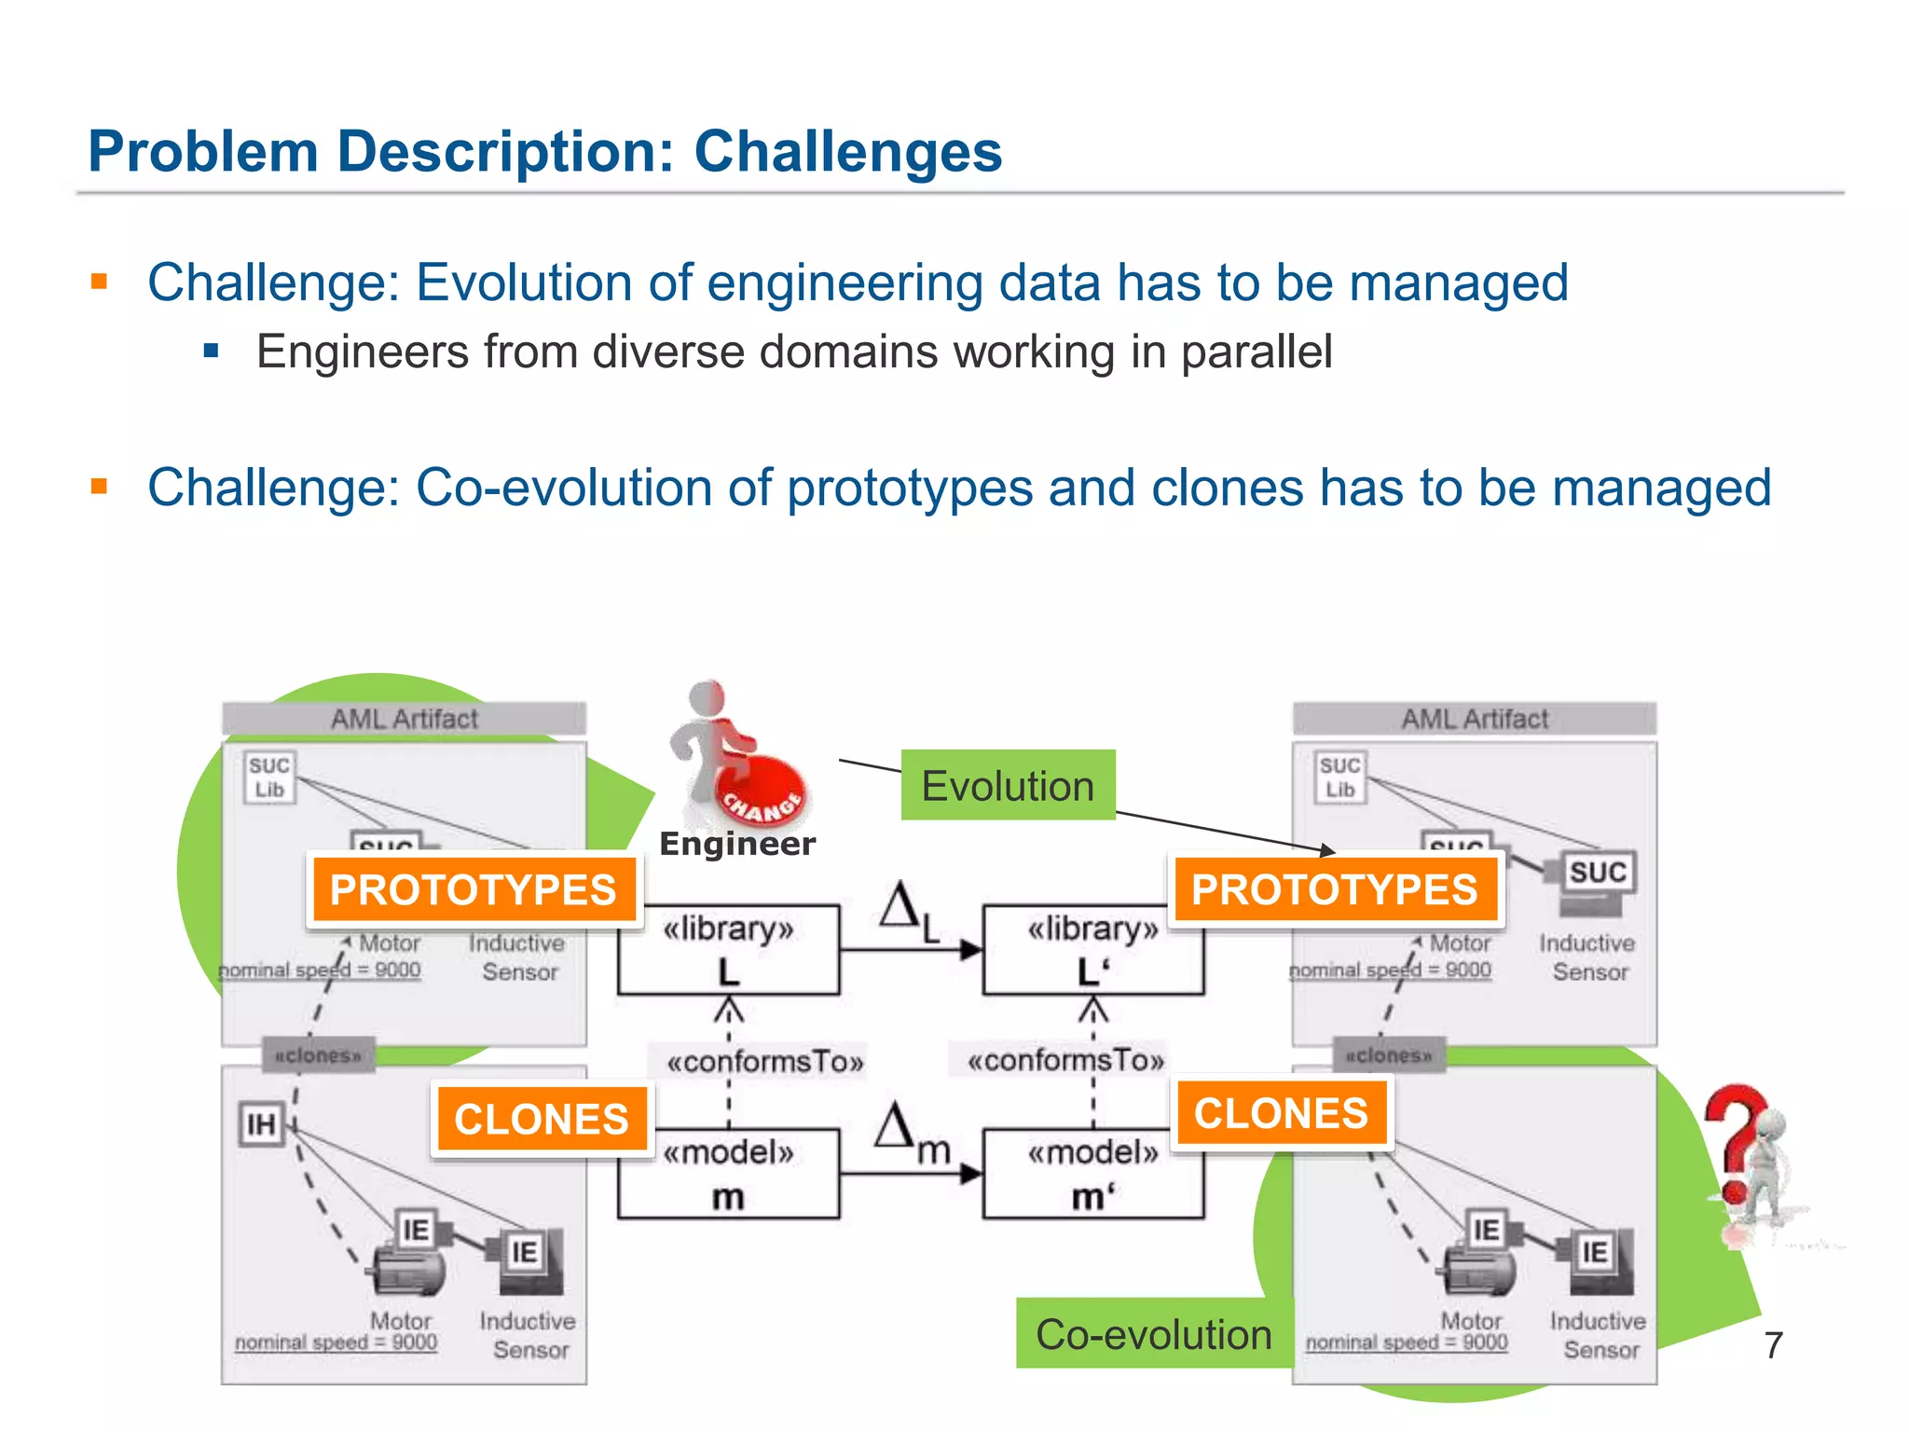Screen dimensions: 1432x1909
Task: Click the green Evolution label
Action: click(1007, 785)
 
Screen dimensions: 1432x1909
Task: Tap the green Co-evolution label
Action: click(1153, 1333)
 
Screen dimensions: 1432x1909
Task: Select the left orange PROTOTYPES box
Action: click(473, 889)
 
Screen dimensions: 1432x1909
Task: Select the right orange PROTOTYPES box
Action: click(1334, 889)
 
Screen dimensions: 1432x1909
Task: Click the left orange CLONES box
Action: click(541, 1118)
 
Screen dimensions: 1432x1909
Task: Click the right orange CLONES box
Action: click(1281, 1113)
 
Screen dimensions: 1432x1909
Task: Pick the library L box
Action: click(728, 949)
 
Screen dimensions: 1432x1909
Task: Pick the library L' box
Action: click(1092, 949)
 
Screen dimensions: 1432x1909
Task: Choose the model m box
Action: click(728, 1174)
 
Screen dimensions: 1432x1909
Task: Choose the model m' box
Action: click(1092, 1174)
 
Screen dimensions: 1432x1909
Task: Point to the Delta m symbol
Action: click(909, 1133)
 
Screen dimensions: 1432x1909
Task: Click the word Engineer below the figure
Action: click(736, 844)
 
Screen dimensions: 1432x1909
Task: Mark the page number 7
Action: click(1773, 1345)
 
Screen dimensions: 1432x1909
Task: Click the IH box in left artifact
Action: click(261, 1124)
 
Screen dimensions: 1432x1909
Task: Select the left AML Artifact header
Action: click(404, 719)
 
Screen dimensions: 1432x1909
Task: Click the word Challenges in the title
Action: click(847, 151)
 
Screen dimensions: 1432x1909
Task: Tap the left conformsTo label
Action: click(764, 1061)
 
